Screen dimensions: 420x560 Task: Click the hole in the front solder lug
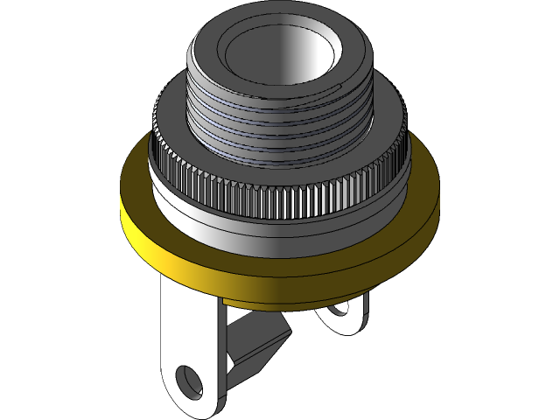187,380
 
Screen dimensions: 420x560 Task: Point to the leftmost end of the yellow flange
120,210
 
